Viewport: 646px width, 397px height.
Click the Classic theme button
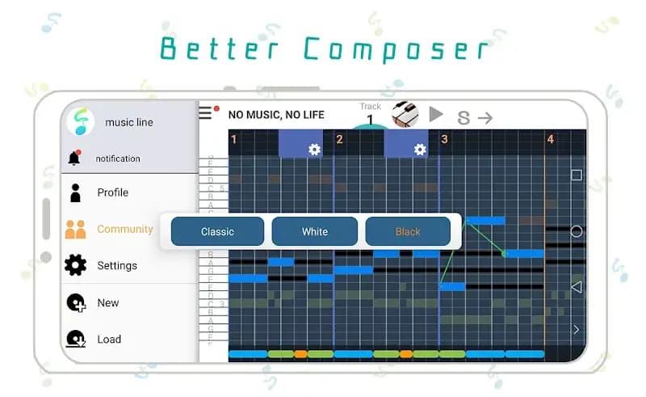click(x=217, y=231)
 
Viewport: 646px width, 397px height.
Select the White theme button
click(x=314, y=231)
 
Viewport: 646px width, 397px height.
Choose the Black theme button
click(x=408, y=231)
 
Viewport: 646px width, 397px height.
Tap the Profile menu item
click(x=112, y=192)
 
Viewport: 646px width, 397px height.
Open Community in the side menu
click(x=124, y=229)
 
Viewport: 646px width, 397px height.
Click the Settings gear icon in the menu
click(x=75, y=265)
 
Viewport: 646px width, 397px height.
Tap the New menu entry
click(x=107, y=302)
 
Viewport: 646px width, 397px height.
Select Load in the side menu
click(x=109, y=340)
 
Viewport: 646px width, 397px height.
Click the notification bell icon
click(x=74, y=158)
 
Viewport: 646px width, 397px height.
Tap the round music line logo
click(x=80, y=122)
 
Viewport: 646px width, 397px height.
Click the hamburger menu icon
click(x=206, y=113)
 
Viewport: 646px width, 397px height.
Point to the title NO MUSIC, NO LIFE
click(x=276, y=115)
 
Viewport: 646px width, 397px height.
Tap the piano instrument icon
click(x=405, y=115)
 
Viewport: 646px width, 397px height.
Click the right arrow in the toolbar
click(x=484, y=118)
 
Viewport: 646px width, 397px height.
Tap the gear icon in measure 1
click(x=314, y=150)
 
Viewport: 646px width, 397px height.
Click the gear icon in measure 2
click(x=419, y=150)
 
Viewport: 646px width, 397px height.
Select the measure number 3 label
click(x=444, y=140)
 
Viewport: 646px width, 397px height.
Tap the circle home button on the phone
click(x=576, y=231)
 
